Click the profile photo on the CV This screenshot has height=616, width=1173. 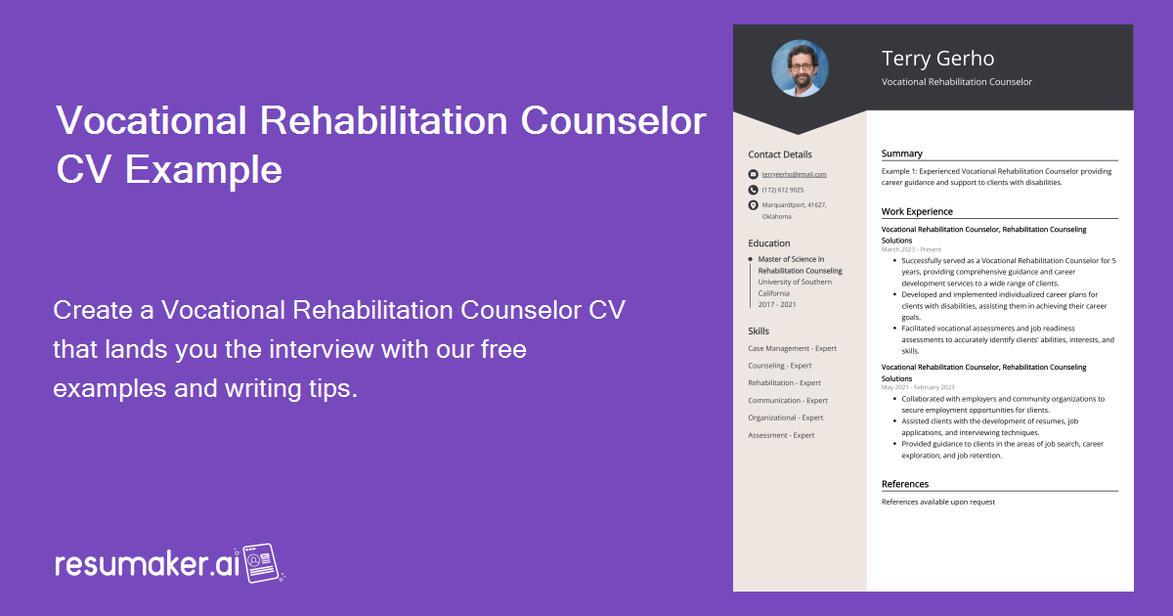800,67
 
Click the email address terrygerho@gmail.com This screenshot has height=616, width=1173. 794,174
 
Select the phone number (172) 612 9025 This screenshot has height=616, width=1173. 783,190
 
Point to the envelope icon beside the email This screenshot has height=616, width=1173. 753,174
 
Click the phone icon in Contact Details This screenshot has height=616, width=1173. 753,190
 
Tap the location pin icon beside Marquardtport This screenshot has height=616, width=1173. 753,205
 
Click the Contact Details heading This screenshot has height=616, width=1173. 779,154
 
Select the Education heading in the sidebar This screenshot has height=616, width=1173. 768,243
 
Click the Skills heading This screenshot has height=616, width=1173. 759,331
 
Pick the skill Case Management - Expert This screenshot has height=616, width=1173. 792,348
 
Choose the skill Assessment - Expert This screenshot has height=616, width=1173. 781,435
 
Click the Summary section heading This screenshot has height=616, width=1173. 901,154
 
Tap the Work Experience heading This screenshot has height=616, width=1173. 916,211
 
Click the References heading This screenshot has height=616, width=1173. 904,484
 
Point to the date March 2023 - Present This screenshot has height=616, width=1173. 911,249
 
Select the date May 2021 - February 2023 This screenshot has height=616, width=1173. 918,387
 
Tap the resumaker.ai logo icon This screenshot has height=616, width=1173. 262,563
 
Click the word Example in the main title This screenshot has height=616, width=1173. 203,169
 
